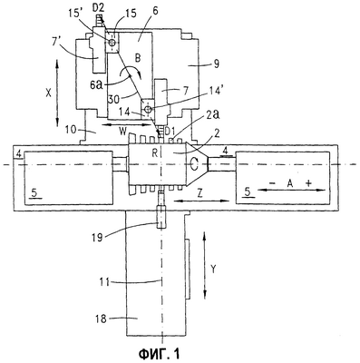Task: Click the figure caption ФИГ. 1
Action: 159,353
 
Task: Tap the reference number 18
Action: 102,319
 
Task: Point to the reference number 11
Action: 104,282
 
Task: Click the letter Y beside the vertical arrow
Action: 213,270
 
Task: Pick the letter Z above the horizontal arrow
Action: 199,194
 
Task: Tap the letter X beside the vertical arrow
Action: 48,93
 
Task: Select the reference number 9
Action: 216,64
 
